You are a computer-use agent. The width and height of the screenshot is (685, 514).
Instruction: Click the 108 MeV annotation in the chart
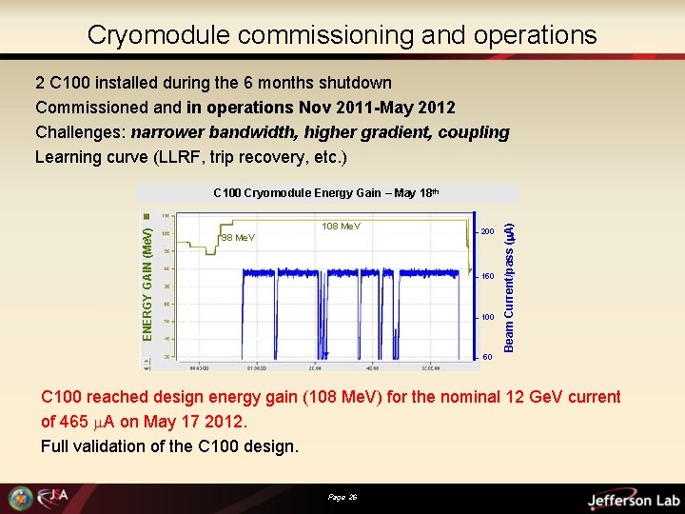pos(342,227)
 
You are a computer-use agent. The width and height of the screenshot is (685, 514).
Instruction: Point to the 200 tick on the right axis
pos(487,232)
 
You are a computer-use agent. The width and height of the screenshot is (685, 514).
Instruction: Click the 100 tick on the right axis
pos(487,317)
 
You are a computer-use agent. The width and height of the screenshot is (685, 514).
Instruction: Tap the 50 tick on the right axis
pos(487,358)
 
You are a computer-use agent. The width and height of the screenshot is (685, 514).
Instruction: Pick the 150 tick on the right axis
pos(487,277)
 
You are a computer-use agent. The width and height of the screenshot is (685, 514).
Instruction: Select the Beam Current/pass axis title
pos(509,286)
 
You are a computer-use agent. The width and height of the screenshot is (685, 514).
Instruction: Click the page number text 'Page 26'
pos(342,498)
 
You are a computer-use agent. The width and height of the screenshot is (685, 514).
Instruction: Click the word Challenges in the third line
pos(80,132)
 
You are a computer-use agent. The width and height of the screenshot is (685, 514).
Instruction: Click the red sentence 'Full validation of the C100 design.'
pos(168,445)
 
